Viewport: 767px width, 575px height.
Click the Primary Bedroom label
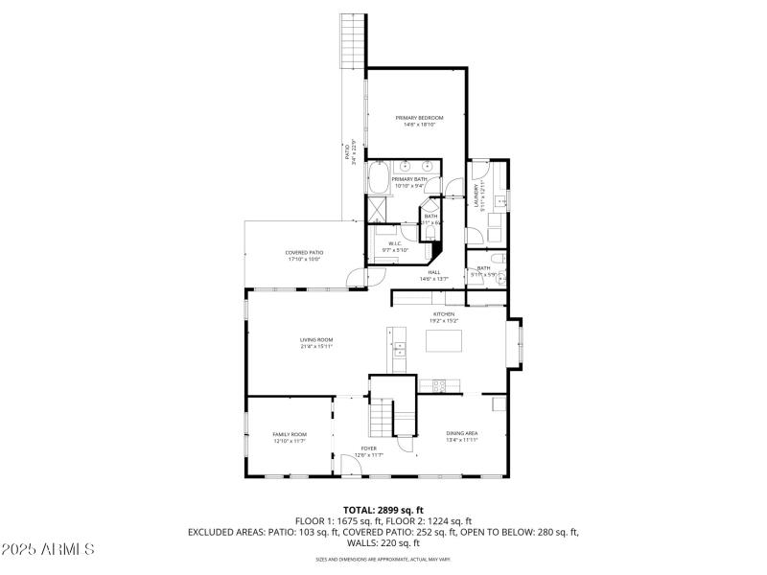coord(419,117)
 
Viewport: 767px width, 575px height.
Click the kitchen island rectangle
coord(443,339)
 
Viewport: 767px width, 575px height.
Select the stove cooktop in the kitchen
coord(439,385)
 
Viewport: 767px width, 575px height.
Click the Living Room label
coord(315,339)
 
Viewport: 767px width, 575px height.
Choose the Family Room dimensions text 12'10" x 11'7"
coord(290,441)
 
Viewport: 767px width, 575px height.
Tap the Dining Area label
coord(462,434)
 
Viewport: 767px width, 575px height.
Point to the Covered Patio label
coord(303,252)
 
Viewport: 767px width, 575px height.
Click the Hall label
coord(433,272)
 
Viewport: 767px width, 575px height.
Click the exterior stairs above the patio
coord(354,38)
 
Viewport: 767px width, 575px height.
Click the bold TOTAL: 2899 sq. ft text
coord(383,509)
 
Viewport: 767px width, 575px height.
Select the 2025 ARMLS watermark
coord(48,549)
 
